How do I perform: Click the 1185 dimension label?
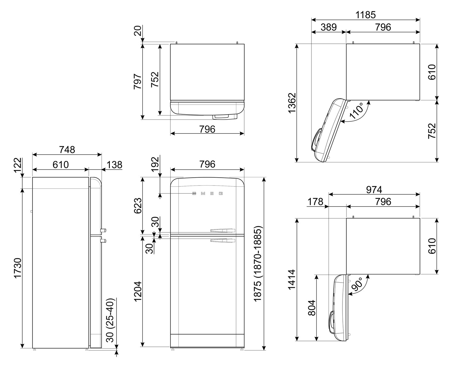(366, 15)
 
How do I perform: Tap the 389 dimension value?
(328, 27)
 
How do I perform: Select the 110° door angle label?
(356, 111)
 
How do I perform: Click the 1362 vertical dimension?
(292, 103)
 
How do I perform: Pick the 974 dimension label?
(374, 190)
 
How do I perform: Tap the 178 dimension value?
(315, 202)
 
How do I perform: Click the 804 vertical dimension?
(312, 308)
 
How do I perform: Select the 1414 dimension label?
(292, 279)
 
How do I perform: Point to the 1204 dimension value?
(138, 291)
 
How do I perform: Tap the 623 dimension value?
(138, 206)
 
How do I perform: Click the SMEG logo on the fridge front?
(207, 193)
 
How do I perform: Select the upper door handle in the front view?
(223, 230)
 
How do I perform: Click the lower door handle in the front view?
(223, 240)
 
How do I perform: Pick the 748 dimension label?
(67, 150)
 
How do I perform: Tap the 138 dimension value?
(114, 165)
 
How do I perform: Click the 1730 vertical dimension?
(18, 268)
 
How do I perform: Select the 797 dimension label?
(138, 82)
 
